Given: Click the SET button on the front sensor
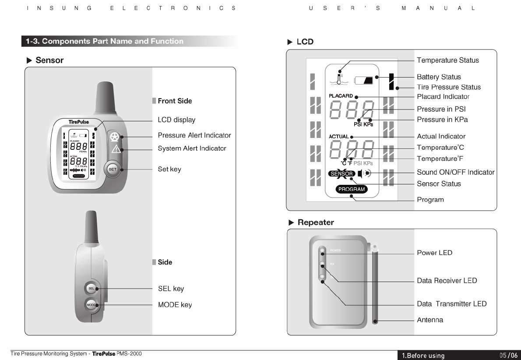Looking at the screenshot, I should tap(113, 169).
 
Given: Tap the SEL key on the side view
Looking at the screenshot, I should tap(91, 289).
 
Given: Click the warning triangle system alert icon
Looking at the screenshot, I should tap(116, 149).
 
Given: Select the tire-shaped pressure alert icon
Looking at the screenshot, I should tap(115, 137).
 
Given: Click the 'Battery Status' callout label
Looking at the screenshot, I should tap(439, 77).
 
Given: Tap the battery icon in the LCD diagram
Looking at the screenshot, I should tap(364, 81).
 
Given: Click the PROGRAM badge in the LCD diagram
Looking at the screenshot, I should tap(352, 189).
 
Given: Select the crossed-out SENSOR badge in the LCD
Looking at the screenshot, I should tap(341, 173).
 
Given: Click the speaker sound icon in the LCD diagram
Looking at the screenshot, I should tap(364, 173).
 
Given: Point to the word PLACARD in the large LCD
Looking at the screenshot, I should tap(341, 96).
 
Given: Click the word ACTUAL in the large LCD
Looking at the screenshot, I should tap(338, 137).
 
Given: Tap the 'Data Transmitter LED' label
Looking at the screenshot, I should tap(451, 304).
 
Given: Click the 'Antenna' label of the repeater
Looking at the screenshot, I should tap(430, 320).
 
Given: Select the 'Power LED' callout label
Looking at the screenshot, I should tap(434, 253).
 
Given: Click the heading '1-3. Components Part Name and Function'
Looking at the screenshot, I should tap(104, 41).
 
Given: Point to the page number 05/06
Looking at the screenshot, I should tap(508, 356).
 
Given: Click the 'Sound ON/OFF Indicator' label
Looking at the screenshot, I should tap(455, 172).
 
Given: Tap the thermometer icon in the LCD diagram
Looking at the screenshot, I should tap(340, 76).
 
